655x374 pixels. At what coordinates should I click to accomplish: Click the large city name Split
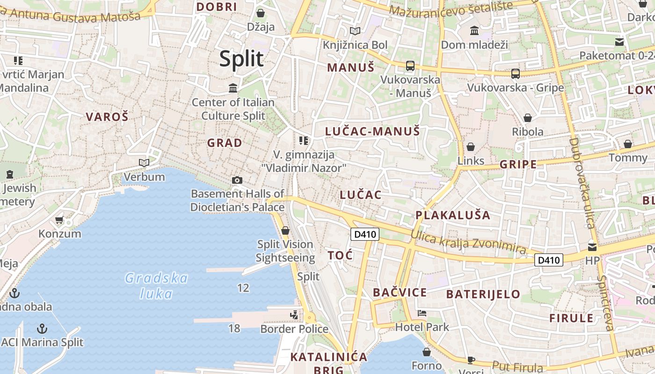(x=241, y=59)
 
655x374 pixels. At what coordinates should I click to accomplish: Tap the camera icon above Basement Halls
(x=237, y=180)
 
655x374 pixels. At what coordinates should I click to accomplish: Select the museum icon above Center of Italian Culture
(x=233, y=88)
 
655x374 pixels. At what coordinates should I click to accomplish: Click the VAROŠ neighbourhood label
(x=107, y=117)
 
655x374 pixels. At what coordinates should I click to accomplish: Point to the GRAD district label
(x=225, y=143)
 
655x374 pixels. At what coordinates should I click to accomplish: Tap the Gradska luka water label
(x=156, y=286)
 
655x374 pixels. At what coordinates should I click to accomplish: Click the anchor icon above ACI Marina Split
(x=42, y=329)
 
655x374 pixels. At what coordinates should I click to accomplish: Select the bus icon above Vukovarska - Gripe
(x=516, y=74)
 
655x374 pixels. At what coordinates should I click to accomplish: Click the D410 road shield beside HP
(x=548, y=260)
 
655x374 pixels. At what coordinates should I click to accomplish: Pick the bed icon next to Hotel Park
(x=422, y=313)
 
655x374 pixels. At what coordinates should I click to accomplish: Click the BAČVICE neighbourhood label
(x=400, y=293)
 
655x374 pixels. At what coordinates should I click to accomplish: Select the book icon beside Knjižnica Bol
(x=356, y=31)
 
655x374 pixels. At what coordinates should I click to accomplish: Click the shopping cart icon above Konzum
(x=59, y=220)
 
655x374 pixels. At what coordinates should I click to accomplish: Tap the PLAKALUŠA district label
(x=453, y=215)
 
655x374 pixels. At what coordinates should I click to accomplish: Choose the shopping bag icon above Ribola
(x=528, y=118)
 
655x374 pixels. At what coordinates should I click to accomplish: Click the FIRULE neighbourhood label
(x=571, y=318)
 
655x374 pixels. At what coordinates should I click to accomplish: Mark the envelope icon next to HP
(x=592, y=247)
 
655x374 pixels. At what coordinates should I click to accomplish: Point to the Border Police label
(x=294, y=329)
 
